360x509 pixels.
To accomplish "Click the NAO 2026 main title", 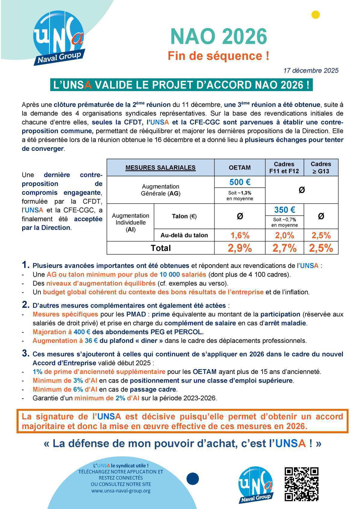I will click(x=218, y=37).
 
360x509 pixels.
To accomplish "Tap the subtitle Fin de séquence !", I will click(x=218, y=56).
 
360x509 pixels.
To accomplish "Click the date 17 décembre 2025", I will click(x=311, y=70).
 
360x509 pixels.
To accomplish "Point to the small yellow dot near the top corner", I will click(x=316, y=15).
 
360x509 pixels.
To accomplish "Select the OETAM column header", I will click(x=240, y=168).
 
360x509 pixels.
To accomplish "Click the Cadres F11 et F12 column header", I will click(x=284, y=168).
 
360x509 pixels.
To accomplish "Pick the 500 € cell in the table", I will click(x=240, y=182).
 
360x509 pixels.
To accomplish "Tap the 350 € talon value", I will click(x=284, y=210).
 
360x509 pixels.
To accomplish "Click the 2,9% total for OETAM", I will click(x=240, y=248).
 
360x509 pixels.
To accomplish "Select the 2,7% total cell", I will click(x=284, y=248).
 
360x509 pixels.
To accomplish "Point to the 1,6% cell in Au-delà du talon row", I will click(x=240, y=235).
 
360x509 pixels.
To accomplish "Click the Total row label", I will click(x=161, y=248).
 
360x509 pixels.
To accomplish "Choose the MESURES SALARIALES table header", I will click(x=160, y=168).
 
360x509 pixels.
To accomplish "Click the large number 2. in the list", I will click(x=26, y=305).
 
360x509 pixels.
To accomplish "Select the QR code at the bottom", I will click(x=301, y=484).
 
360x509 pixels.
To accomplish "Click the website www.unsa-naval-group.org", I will click(x=121, y=491).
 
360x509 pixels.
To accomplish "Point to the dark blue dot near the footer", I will click(x=193, y=479).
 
